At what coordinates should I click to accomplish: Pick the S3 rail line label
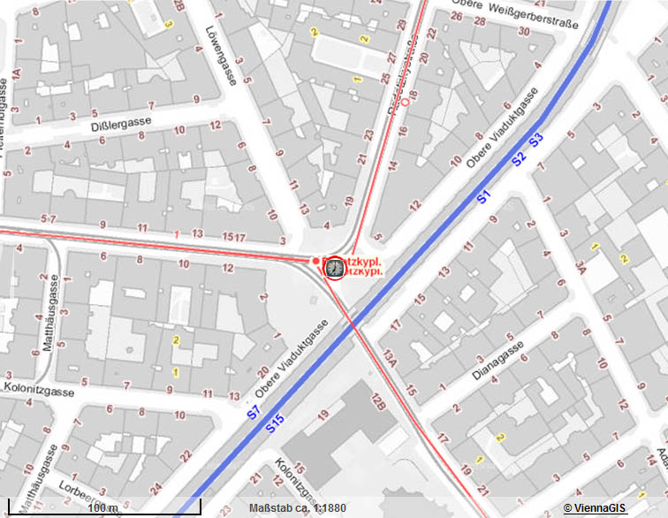pos(535,140)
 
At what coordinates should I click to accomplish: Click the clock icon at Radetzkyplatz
pos(335,268)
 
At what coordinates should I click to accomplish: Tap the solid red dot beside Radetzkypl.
pos(315,261)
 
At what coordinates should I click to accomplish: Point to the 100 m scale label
pos(103,507)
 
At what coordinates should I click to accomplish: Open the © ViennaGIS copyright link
pos(596,507)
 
